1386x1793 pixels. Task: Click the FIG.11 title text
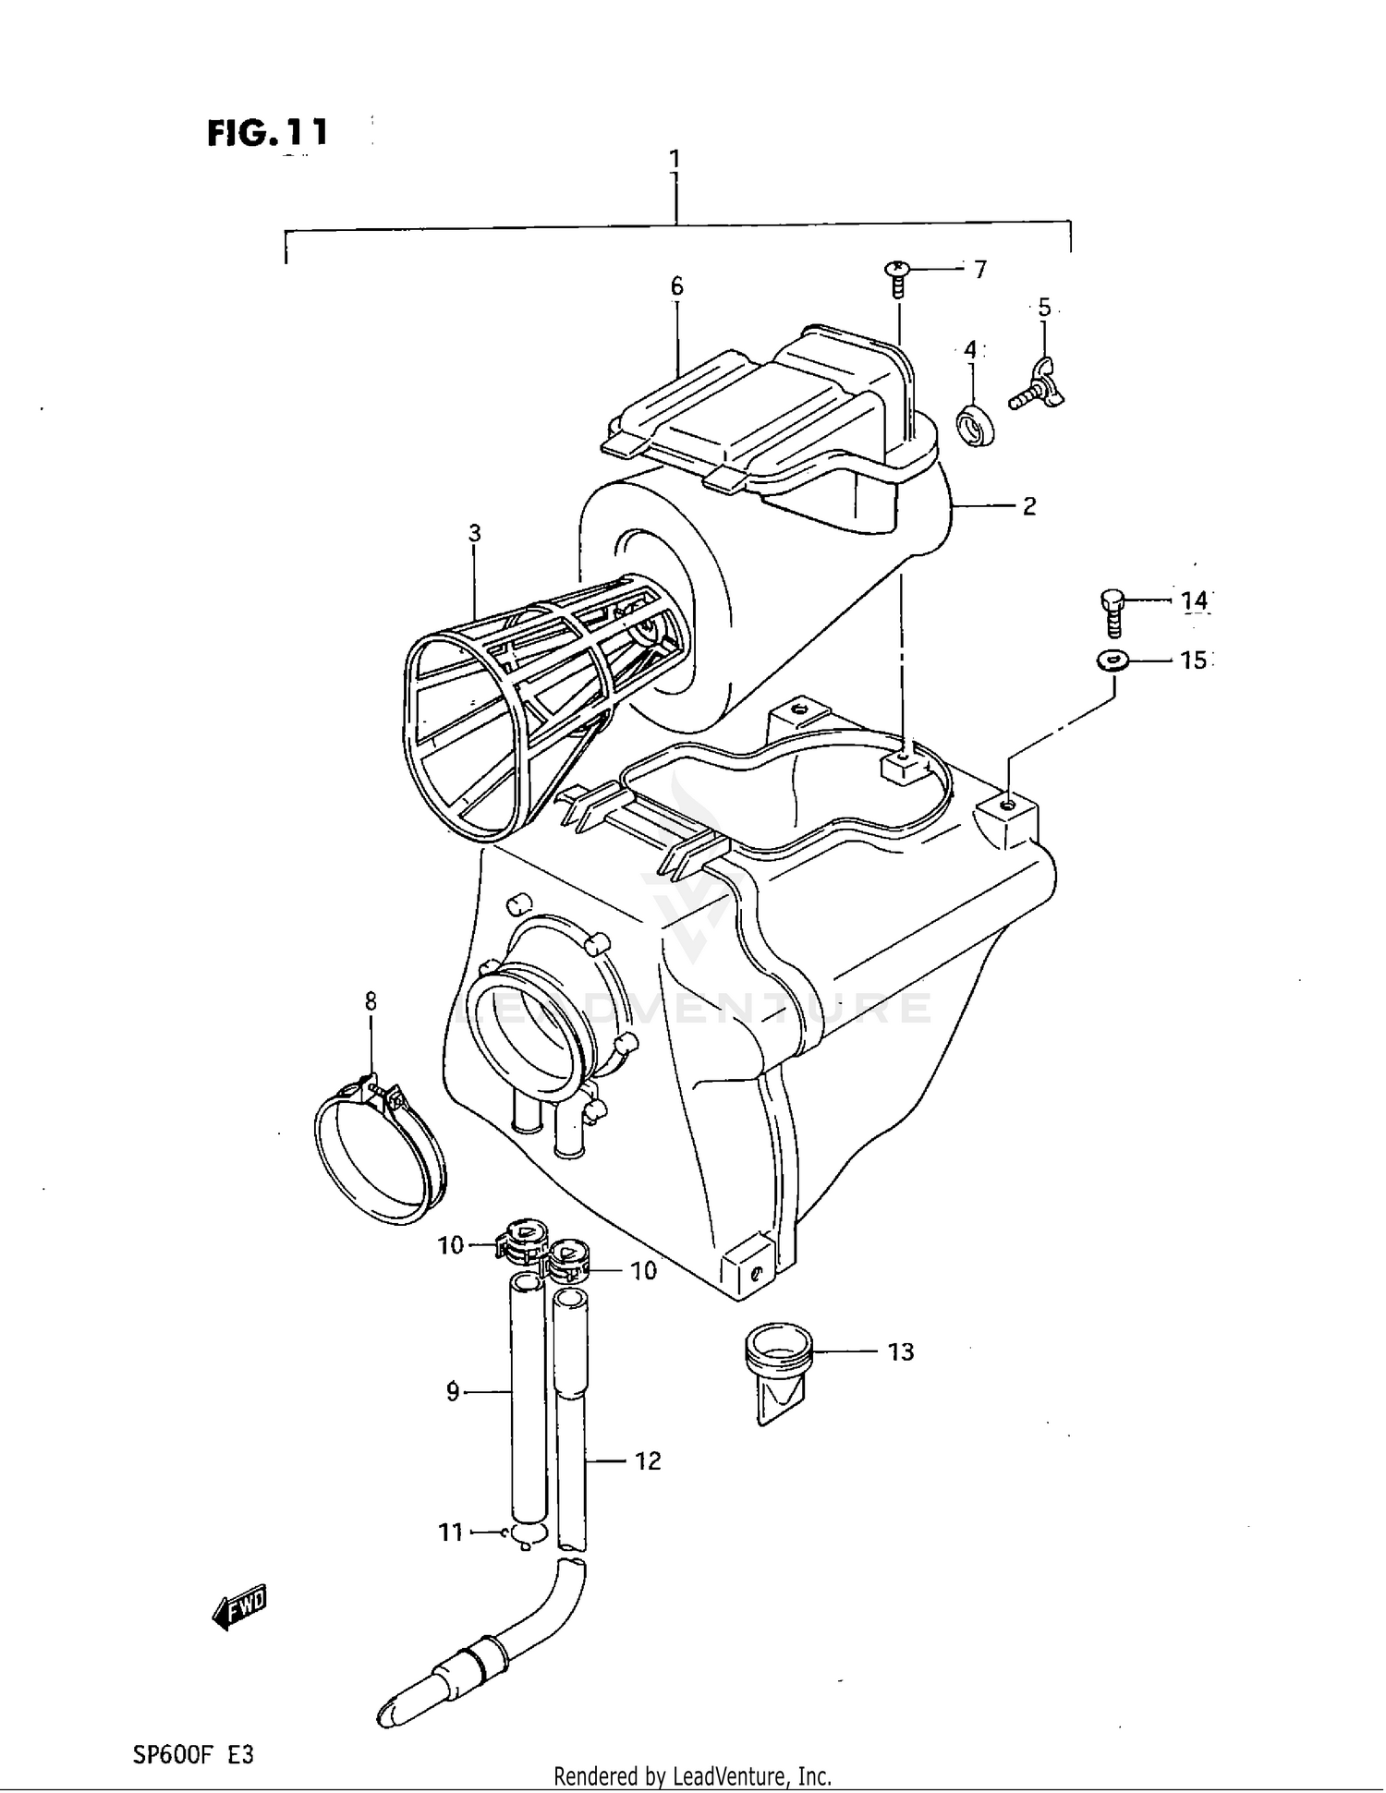[267, 133]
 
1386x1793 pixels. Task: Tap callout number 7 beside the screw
[980, 269]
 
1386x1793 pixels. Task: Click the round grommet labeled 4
[975, 424]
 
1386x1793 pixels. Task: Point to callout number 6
[676, 286]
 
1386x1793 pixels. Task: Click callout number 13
[901, 1351]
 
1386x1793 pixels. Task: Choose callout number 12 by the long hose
[648, 1460]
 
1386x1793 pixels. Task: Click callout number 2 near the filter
[1028, 506]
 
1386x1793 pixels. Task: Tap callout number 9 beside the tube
[453, 1391]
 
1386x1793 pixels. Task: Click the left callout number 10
[450, 1246]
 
